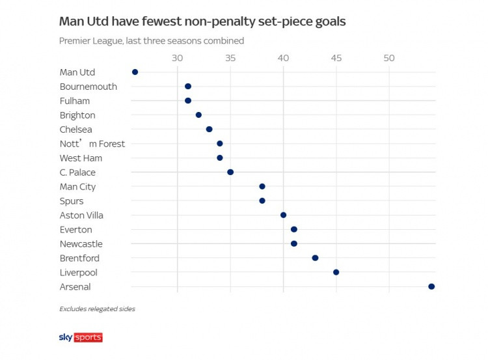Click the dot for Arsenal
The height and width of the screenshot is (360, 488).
coord(431,286)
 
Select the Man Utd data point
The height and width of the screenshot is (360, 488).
coord(135,72)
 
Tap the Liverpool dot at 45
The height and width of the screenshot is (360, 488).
coord(336,272)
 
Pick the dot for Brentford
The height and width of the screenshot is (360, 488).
coord(315,258)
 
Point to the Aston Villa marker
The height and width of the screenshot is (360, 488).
coord(283,215)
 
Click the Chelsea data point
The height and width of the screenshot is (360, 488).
coord(209,129)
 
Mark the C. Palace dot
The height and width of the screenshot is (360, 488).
coord(230,172)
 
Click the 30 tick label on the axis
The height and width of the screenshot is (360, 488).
coord(177,59)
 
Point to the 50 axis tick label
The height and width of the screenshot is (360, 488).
coord(389,59)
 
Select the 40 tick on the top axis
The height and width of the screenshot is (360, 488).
coord(283,59)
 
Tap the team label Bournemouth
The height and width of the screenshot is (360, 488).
coord(88,87)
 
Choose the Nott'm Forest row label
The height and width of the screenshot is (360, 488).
coord(92,144)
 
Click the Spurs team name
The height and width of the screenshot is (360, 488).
coord(71,201)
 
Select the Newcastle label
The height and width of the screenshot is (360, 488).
coord(81,244)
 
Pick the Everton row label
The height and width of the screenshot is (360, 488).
coord(75,230)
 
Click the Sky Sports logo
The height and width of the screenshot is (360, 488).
coord(81,337)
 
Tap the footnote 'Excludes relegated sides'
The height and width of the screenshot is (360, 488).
coord(97,309)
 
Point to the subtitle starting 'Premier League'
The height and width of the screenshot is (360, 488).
coord(152,40)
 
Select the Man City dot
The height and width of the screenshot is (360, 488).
coord(262,187)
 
